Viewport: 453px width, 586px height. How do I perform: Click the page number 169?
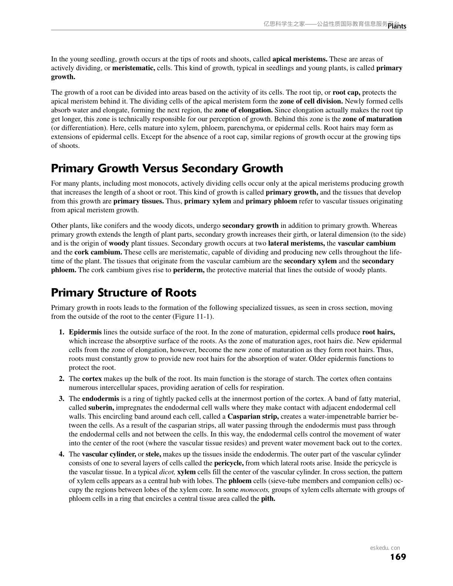pos(398,557)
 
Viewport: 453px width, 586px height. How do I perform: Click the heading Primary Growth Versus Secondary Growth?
pos(167,168)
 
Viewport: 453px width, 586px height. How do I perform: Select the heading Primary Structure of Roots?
pos(124,293)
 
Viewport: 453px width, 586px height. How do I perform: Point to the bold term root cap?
pos(346,92)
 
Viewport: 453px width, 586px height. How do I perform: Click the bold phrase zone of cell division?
pos(311,101)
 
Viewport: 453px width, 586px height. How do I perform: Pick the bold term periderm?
pos(189,270)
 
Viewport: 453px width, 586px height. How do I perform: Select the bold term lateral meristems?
pos(296,243)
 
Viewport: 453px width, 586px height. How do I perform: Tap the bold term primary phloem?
pos(271,201)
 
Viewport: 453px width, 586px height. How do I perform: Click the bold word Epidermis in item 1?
pos(85,332)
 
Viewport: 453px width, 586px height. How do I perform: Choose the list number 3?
pos(61,399)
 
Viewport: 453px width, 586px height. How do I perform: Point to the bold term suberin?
pos(101,408)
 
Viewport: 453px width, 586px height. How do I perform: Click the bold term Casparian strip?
pos(253,417)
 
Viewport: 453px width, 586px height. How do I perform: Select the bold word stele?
pos(153,454)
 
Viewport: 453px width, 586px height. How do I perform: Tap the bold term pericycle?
pos(229,463)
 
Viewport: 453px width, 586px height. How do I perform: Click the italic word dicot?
pos(167,472)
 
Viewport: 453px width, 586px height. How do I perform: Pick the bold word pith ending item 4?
pos(268,499)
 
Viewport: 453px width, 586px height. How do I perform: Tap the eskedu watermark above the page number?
pos(385,548)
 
